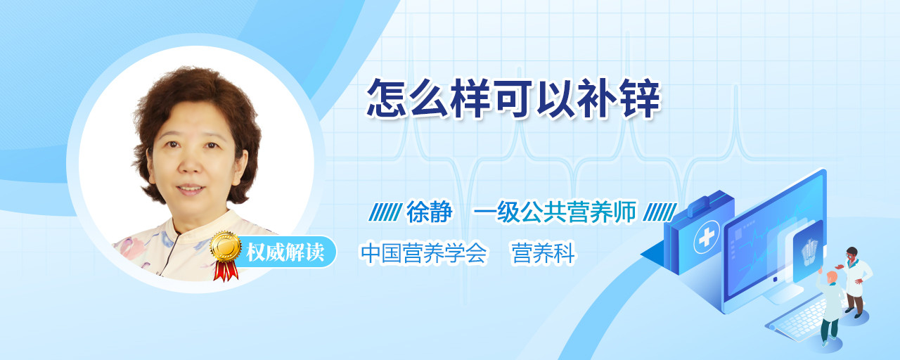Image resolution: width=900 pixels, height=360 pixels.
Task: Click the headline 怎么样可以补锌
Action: (513, 98)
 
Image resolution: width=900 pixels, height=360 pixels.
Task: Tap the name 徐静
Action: (430, 212)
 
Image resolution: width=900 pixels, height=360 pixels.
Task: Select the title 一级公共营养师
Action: (555, 212)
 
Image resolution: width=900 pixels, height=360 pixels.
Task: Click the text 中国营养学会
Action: (424, 253)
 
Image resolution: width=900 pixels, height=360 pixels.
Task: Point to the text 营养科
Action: (544, 253)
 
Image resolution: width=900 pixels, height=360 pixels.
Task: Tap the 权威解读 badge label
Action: (285, 252)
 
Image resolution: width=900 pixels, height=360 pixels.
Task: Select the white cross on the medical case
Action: (707, 238)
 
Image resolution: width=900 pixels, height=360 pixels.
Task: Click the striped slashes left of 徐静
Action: (385, 212)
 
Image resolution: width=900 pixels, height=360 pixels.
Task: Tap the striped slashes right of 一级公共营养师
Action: (660, 212)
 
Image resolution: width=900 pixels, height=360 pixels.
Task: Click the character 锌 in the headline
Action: (641, 98)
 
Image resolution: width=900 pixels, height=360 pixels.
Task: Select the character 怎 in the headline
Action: (386, 98)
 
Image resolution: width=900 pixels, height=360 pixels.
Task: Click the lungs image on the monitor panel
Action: (809, 251)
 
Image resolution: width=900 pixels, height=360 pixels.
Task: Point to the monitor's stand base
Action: (783, 295)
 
